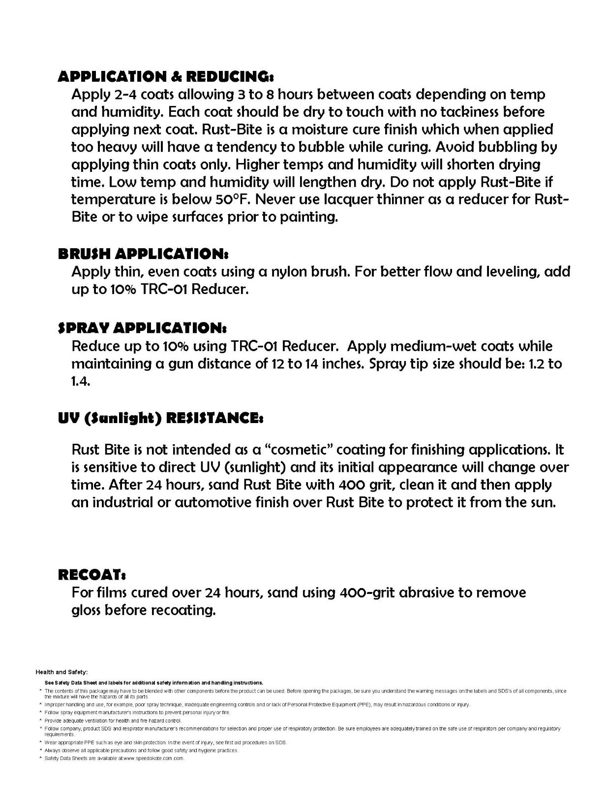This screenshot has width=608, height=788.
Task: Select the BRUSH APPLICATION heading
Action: click(x=143, y=254)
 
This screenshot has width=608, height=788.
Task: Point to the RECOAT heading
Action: click(x=92, y=574)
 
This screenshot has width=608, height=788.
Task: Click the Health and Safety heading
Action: click(x=61, y=672)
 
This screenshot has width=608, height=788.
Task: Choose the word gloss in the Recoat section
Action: click(x=86, y=610)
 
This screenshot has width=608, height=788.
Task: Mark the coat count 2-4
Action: click(x=130, y=94)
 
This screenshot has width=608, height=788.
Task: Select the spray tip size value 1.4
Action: click(x=81, y=382)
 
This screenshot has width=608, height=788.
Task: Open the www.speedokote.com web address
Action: click(x=153, y=758)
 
